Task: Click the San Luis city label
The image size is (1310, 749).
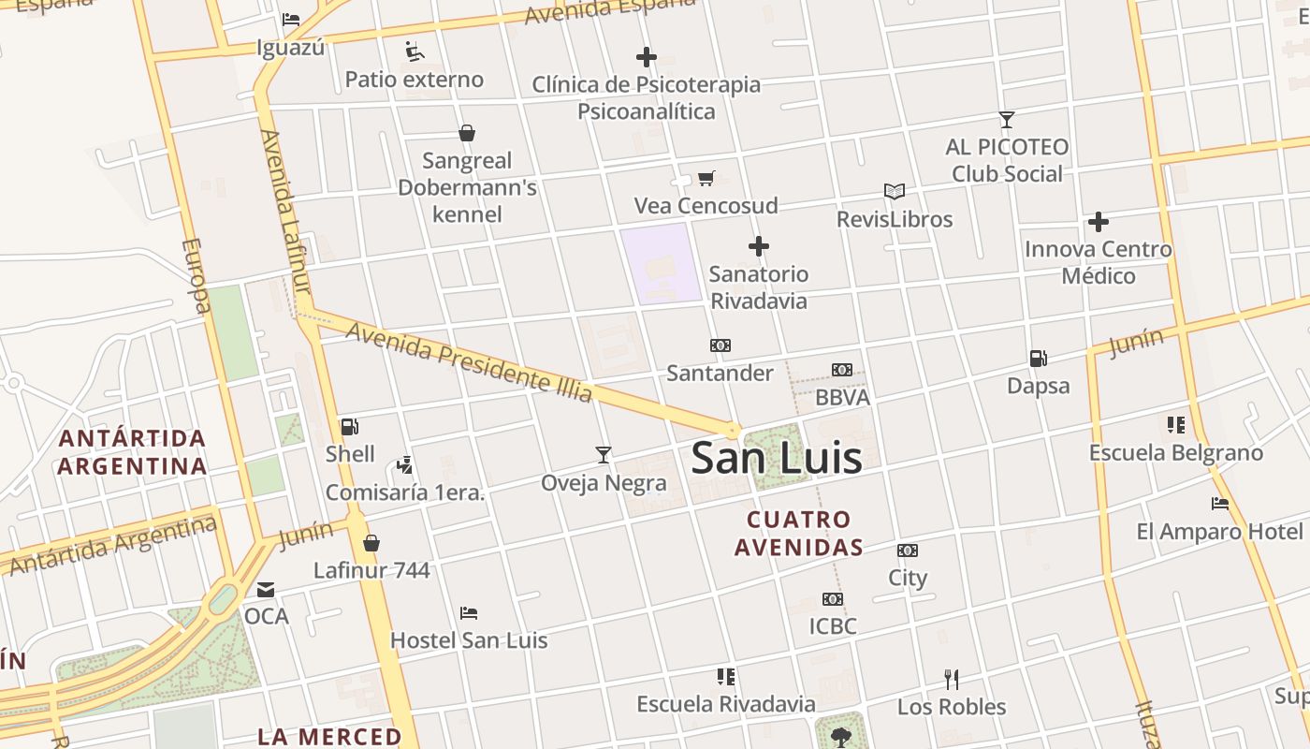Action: [x=776, y=458]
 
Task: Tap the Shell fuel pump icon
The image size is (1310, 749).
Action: [x=350, y=427]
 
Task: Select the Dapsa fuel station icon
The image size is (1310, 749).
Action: [x=1038, y=358]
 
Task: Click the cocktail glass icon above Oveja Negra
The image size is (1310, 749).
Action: [x=604, y=455]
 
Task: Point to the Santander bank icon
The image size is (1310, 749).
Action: [x=720, y=345]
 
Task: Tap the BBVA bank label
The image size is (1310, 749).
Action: [x=842, y=397]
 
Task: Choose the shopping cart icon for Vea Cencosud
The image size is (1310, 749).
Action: [x=706, y=178]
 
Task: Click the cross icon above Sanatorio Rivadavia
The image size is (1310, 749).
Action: [x=759, y=247]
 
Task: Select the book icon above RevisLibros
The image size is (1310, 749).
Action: [x=895, y=192]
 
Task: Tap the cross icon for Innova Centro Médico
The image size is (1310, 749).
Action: [x=1098, y=222]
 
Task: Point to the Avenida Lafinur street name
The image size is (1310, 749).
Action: [x=284, y=211]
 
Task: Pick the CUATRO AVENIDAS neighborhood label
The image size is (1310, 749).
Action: [x=798, y=533]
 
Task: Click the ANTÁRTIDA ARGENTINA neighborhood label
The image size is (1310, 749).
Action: [x=131, y=452]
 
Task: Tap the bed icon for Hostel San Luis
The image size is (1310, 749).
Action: [x=469, y=613]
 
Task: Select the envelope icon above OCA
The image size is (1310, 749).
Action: [x=266, y=590]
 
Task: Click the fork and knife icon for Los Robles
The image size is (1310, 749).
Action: [x=951, y=679]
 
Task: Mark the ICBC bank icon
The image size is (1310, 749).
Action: [x=832, y=599]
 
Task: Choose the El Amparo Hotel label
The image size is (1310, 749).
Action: [x=1219, y=532]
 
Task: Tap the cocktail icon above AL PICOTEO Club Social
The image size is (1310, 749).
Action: [x=1006, y=120]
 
